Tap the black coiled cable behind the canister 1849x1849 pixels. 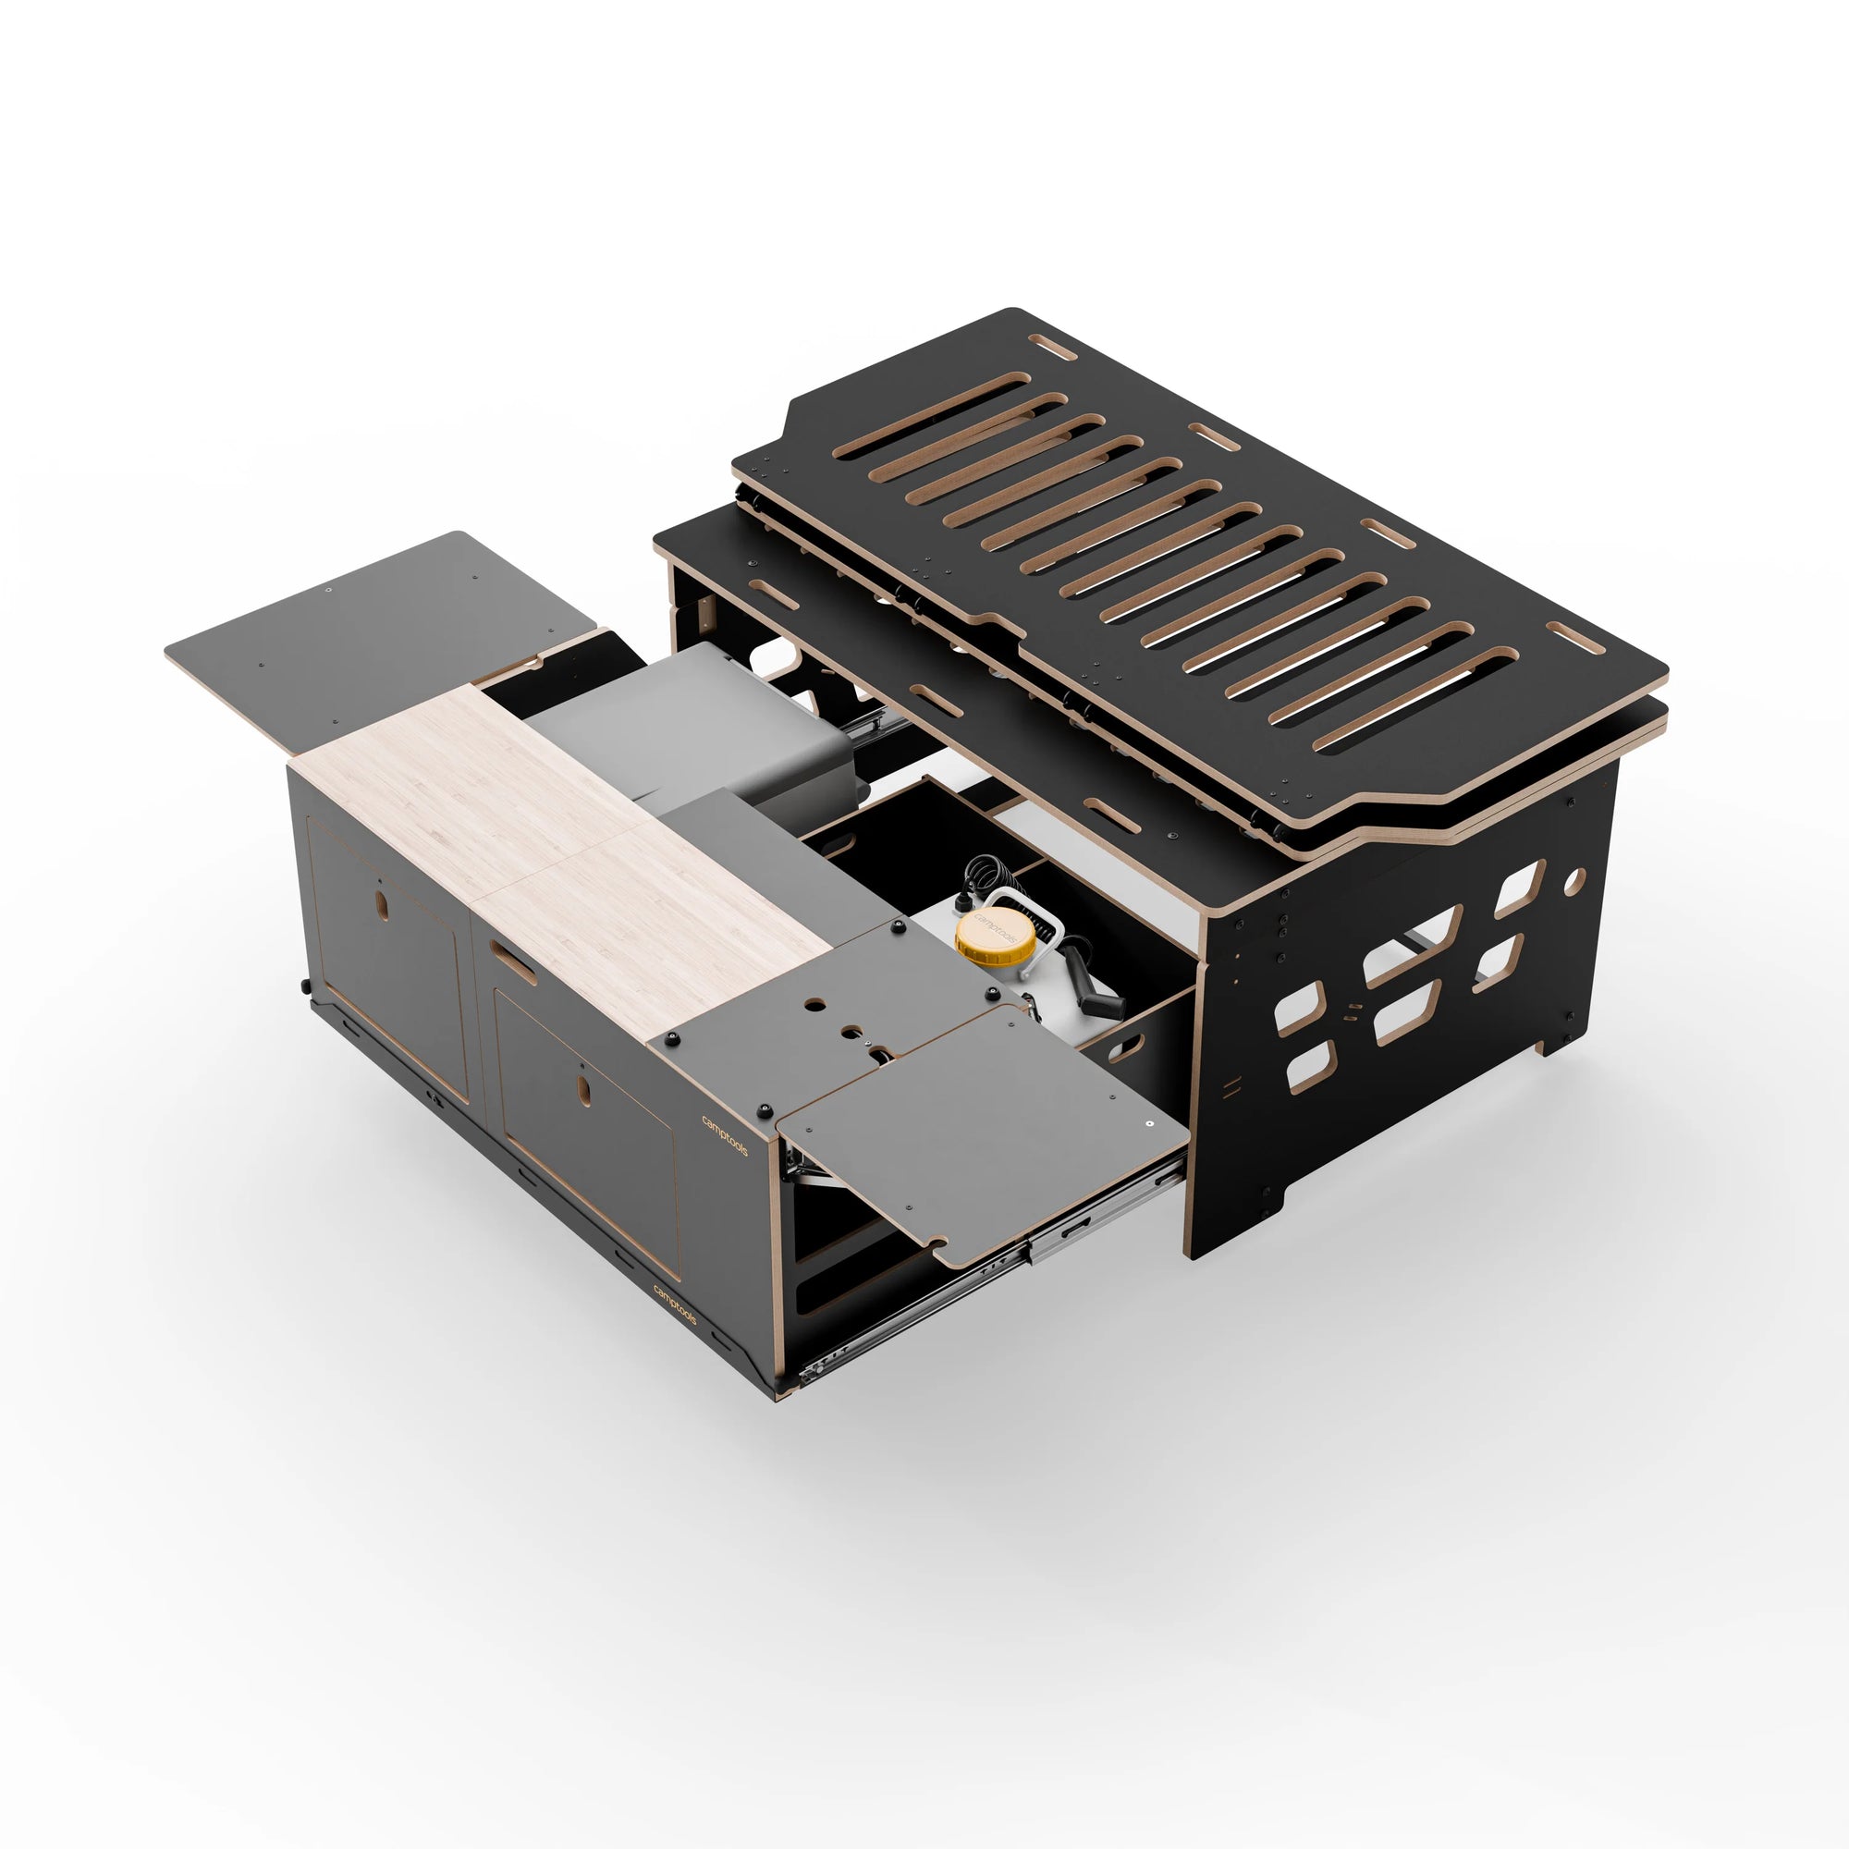tap(983, 875)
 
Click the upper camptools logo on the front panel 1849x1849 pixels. tap(724, 1135)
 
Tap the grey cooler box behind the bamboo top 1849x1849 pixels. tap(689, 708)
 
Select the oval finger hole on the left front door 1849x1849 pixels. tap(382, 905)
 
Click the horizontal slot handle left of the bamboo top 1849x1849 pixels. tap(514, 961)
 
